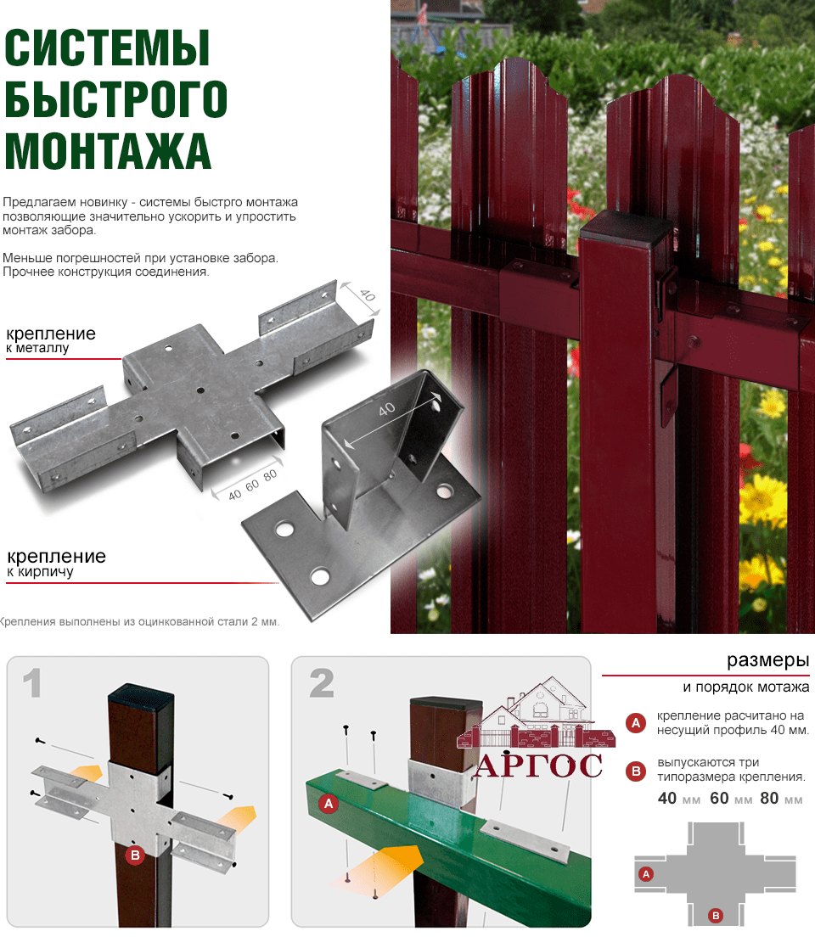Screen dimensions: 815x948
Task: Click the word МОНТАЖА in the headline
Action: coord(108,150)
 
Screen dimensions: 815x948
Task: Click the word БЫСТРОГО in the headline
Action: coord(116,98)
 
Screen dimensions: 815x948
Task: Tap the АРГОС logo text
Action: coord(538,766)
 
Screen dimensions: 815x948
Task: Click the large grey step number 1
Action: coord(32,683)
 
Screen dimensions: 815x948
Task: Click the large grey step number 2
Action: coord(321,683)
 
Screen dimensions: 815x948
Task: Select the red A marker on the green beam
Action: coord(329,804)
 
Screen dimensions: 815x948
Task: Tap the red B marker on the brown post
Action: coord(135,855)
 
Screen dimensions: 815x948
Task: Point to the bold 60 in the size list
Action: coord(719,798)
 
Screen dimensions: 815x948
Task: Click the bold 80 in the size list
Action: coord(769,798)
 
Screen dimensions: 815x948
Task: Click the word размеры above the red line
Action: coord(767,660)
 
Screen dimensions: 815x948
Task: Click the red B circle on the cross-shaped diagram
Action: coord(716,916)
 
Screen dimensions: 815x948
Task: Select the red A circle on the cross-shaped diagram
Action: coord(646,873)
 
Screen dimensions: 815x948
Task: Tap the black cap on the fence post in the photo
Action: coord(627,227)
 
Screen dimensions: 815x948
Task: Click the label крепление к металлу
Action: coord(51,339)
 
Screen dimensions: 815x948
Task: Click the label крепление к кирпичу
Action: coord(56,563)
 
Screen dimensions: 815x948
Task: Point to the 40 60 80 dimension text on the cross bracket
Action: coord(252,485)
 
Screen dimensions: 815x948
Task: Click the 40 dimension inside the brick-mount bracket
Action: coord(386,409)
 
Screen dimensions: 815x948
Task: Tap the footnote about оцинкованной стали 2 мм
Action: coord(140,621)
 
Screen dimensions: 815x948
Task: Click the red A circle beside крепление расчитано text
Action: coord(635,722)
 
